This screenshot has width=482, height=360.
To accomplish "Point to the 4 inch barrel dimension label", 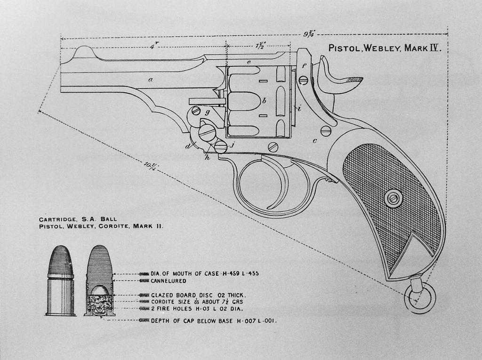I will pos(152,46).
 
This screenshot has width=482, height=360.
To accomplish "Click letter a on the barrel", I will pos(150,80).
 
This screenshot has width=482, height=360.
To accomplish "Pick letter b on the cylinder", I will pos(265,100).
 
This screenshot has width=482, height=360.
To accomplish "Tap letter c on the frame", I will pos(315,140).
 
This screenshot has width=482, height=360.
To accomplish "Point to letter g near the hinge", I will pos(207,112).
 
